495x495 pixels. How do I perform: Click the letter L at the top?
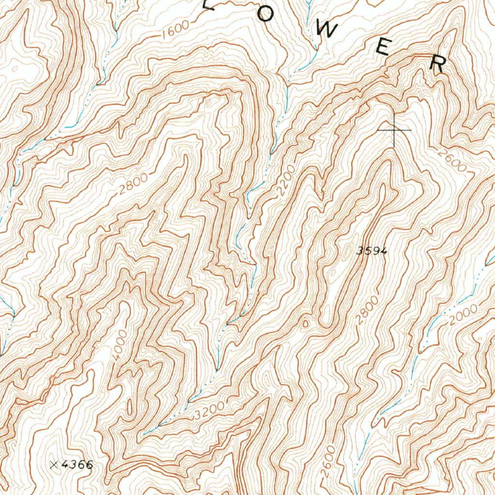coord(209,5)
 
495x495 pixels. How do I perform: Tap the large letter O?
coord(264,15)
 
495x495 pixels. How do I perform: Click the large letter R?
coord(438,63)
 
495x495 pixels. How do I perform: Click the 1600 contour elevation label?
coord(175,32)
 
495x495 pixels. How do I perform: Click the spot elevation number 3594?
coord(372,250)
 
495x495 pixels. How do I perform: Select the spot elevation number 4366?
coord(77,465)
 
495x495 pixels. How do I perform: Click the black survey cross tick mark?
coord(394,130)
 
